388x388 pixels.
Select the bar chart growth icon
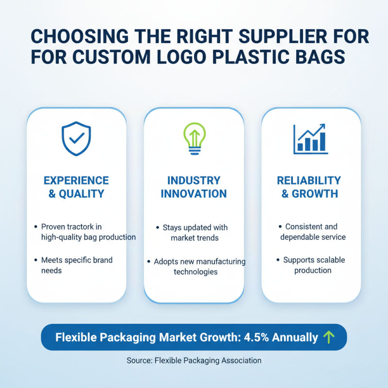311,139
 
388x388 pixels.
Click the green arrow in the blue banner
329,337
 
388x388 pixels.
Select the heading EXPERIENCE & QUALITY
76,187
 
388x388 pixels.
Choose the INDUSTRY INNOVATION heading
194,187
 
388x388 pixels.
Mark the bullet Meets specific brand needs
77,265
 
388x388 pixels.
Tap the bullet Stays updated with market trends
194,233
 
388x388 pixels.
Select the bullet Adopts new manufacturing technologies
199,267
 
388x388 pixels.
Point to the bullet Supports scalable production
313,265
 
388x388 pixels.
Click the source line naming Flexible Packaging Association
194,360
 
